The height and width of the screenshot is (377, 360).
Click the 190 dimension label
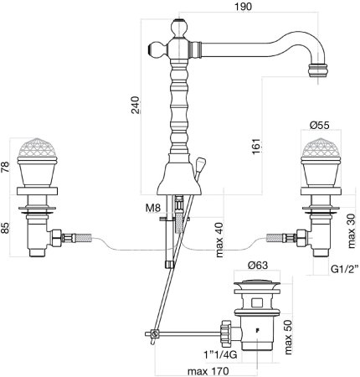point(243,6)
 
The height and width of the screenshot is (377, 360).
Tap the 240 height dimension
point(136,105)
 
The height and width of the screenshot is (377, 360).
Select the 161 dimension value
point(257,146)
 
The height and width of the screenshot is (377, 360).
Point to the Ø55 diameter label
point(319,125)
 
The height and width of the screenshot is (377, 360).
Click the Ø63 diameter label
point(258,265)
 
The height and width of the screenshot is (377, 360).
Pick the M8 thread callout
point(153,208)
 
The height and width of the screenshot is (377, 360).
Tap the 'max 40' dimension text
point(219,240)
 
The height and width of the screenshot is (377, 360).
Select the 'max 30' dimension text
point(352,231)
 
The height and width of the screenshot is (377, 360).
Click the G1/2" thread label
point(344,269)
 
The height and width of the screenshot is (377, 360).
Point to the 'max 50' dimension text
point(288,337)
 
